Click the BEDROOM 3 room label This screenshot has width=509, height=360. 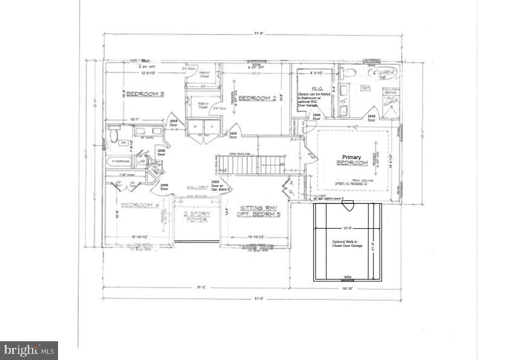[x=146, y=94]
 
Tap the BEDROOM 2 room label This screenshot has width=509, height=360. [x=257, y=98]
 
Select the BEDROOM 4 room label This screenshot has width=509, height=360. [x=140, y=205]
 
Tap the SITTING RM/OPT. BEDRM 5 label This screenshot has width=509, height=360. [x=258, y=210]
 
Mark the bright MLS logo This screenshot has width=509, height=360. [x=30, y=349]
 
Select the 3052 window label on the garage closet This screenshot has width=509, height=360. [x=348, y=277]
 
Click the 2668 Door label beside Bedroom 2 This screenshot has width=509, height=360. [x=232, y=134]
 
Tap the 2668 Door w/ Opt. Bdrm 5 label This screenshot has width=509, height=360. [x=215, y=185]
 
